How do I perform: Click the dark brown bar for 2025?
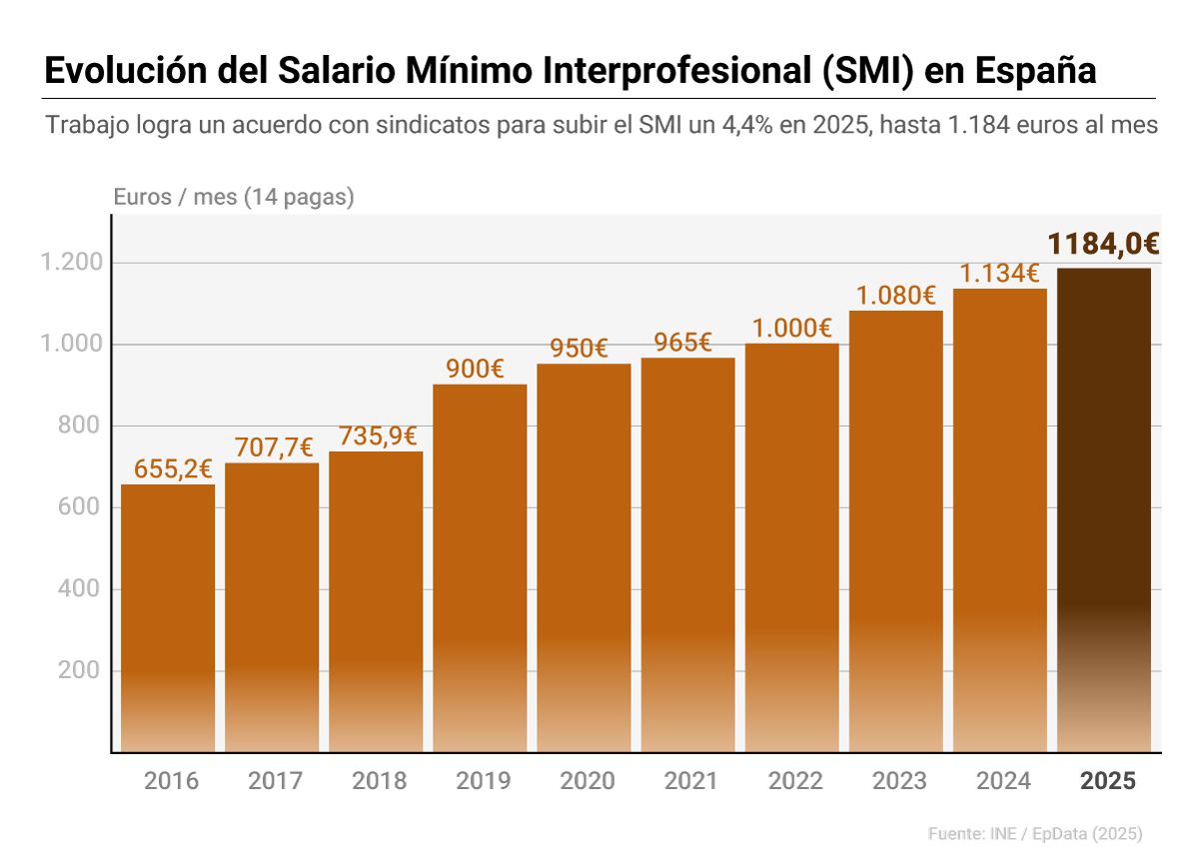[x=1104, y=509]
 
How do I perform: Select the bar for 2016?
[x=168, y=619]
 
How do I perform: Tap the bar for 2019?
[x=480, y=569]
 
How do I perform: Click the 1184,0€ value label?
[x=1103, y=245]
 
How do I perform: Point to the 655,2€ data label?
[x=173, y=468]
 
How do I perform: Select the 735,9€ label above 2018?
[x=377, y=436]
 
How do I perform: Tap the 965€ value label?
[x=682, y=343]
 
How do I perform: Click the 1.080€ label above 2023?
[x=895, y=296]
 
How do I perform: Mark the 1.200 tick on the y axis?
[x=71, y=263]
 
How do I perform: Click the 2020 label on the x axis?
[x=587, y=781]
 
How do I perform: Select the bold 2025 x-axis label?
[x=1108, y=781]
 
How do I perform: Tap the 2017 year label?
[x=275, y=781]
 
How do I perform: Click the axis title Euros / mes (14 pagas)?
[x=234, y=197]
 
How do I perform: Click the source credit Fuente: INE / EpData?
[x=1034, y=833]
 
